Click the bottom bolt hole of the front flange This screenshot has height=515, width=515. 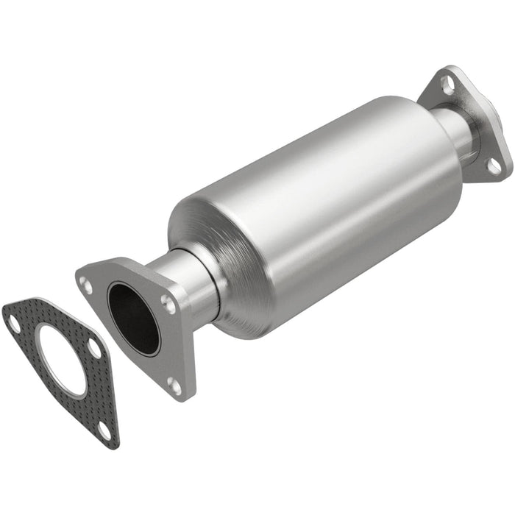pos(173,383)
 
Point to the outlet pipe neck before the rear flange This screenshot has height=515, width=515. pos(460,132)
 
